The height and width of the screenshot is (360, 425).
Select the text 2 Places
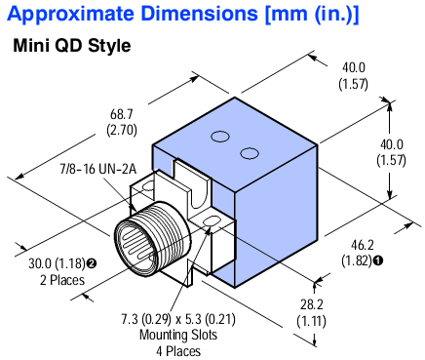pyautogui.click(x=56, y=279)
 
